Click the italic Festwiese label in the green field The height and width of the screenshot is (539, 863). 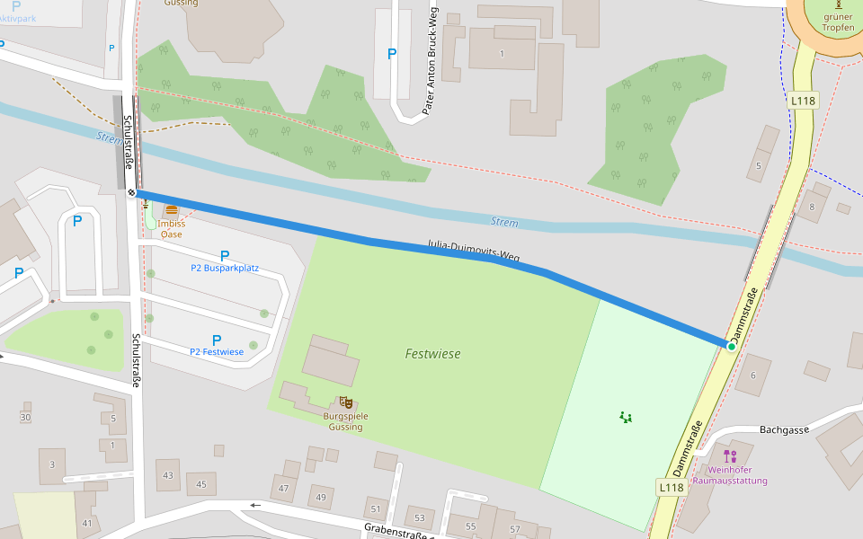(432, 354)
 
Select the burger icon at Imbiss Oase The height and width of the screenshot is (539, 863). (172, 210)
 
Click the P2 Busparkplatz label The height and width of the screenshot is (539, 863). (225, 268)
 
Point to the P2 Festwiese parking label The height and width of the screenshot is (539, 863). (217, 351)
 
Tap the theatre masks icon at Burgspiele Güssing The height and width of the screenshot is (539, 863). (345, 402)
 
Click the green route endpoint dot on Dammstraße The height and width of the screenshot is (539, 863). (732, 346)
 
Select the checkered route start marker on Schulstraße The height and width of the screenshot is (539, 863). (132, 191)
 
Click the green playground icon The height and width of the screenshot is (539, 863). (626, 417)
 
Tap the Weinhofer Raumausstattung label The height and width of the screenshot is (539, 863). (737, 474)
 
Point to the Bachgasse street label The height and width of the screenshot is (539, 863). (784, 430)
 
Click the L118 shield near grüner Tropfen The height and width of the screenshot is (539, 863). (803, 101)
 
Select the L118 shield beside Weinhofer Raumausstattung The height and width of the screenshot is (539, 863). (672, 487)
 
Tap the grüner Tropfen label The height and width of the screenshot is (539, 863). (838, 22)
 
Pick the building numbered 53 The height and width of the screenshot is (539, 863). (419, 517)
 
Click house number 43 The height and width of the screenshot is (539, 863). (168, 474)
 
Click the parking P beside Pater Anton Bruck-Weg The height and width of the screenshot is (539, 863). (391, 54)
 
